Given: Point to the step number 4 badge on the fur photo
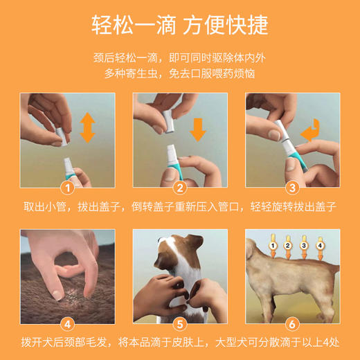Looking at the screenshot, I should click(68, 323).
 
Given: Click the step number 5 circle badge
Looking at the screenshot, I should click(179, 323).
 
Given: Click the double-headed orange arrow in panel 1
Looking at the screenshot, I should click(88, 129).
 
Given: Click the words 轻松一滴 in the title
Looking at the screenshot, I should click(132, 26).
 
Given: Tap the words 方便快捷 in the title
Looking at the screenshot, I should click(229, 26).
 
